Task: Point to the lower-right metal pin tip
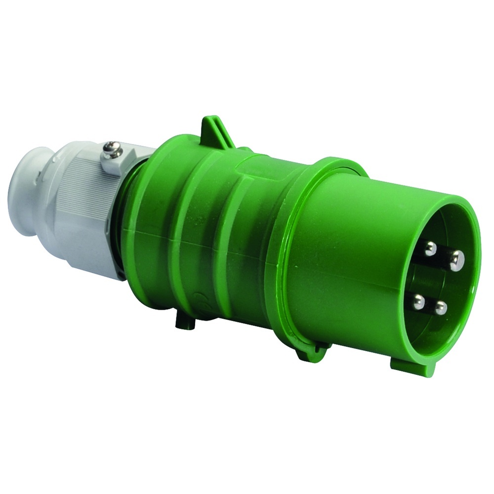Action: (440, 308)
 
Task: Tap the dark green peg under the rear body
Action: (185, 321)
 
